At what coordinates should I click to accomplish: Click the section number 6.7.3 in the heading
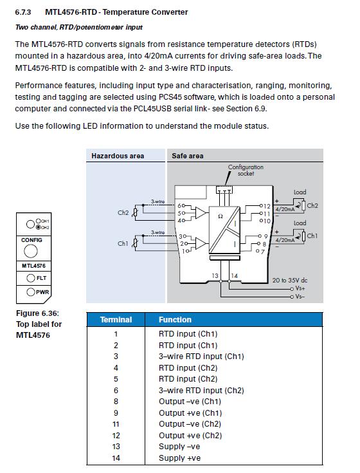coord(23,12)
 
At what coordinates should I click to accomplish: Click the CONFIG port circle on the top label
coord(31,251)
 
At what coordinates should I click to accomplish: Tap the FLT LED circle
coord(31,278)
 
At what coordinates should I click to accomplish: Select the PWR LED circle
coord(31,292)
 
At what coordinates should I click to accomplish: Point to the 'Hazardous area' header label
coord(118,156)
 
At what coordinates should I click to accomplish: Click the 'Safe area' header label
coord(187,156)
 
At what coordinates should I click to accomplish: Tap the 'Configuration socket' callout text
coord(246,170)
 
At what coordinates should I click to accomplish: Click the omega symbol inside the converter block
coord(221,216)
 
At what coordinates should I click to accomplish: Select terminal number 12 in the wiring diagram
coord(267,206)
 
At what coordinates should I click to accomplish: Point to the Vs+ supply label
coord(300,288)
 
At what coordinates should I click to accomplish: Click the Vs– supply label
coord(300,297)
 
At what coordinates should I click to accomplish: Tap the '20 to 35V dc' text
coord(290,280)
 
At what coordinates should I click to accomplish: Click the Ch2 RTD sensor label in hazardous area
coord(123,212)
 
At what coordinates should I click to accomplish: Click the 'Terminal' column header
coord(116,319)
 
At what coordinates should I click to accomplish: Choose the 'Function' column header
coord(175,319)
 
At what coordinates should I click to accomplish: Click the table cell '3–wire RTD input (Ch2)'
coord(201,391)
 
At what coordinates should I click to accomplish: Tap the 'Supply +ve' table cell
coord(179,458)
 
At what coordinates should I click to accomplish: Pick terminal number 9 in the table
coord(116,413)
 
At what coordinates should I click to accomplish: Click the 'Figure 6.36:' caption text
coord(38,313)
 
